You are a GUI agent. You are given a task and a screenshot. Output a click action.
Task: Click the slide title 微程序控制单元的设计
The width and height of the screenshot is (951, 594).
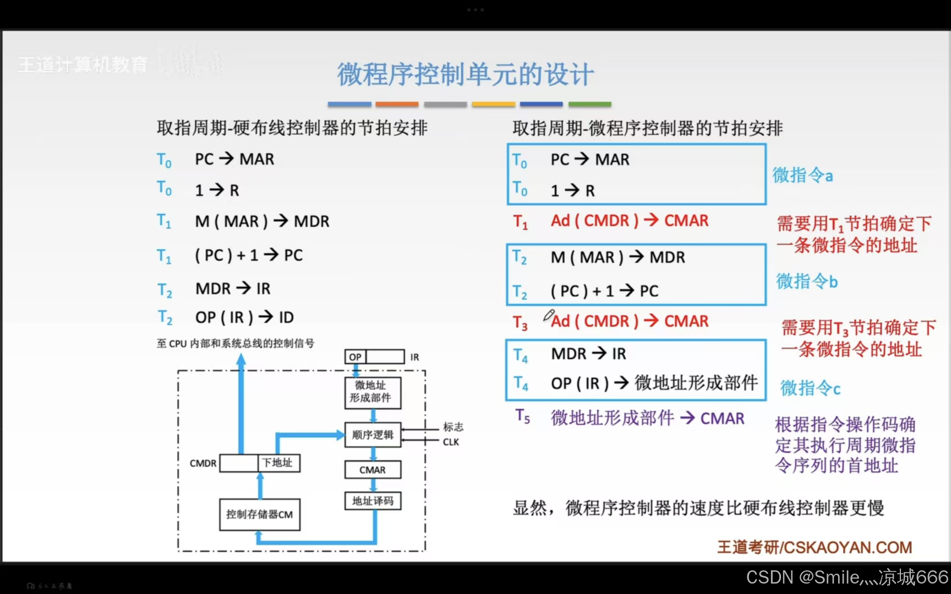coord(465,74)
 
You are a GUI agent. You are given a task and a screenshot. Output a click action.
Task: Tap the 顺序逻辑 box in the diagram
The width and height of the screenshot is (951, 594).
coord(373,435)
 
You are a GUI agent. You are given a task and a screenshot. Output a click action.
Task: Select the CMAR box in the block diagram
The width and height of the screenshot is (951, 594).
coord(373,470)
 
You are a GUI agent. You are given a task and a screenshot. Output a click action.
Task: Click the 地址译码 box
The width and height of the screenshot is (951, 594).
coord(373,501)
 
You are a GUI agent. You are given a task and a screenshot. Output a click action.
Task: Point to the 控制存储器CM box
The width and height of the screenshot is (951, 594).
coord(259,515)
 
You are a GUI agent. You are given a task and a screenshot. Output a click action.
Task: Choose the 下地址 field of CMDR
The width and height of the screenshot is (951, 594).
coord(278,463)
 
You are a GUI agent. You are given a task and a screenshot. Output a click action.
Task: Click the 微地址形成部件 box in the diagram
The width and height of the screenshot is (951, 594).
coord(373,392)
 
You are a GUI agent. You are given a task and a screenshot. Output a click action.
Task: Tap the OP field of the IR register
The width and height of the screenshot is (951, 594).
coord(356,357)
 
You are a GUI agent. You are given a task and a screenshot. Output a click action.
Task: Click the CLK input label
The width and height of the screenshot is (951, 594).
coord(451,442)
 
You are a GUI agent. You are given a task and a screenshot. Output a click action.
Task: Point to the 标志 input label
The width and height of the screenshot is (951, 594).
coord(453,427)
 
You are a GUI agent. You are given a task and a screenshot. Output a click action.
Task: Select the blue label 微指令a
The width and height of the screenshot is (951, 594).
coord(802,175)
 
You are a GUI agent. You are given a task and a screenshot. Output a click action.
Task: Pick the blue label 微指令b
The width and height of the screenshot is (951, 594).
coord(807,282)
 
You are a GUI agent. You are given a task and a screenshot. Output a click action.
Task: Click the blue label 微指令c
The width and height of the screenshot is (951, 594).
coord(810,388)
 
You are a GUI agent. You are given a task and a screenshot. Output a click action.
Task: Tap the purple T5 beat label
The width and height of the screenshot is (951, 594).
coord(522,417)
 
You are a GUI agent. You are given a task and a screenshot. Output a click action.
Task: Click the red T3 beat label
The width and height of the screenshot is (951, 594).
coord(520,323)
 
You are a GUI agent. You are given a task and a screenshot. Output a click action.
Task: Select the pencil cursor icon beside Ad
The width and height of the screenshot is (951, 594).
coord(548,315)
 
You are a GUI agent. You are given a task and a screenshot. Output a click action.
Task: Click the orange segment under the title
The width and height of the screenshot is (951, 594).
coord(397,104)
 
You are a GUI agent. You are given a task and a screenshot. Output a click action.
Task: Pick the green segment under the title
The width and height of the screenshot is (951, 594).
coord(589,104)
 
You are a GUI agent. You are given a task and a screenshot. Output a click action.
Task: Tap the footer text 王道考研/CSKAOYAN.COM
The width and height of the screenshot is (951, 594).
coord(815,547)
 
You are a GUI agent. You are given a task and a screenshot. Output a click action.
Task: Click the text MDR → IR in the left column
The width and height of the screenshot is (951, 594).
coord(233,289)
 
